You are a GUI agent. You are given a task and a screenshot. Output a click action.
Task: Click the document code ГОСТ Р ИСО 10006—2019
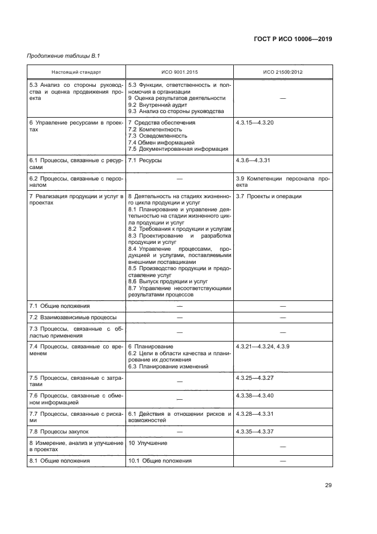pyautogui.click(x=293, y=39)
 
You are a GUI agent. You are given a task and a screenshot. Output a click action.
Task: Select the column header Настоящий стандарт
pyautogui.click(x=76, y=73)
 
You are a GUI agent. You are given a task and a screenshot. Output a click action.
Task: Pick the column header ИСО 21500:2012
pyautogui.click(x=282, y=73)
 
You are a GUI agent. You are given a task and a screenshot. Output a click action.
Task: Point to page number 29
pyautogui.click(x=328, y=485)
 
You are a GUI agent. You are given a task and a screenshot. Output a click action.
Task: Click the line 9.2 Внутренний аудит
pyautogui.click(x=157, y=105)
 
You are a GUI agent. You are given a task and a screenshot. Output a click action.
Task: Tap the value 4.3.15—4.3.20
pyautogui.click(x=254, y=123)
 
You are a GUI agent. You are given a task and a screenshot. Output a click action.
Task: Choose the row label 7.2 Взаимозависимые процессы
pyautogui.click(x=73, y=317)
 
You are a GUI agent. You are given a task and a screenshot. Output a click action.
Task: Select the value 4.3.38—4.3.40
pyautogui.click(x=254, y=395)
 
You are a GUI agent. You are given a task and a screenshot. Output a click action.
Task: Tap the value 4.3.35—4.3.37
pyautogui.click(x=254, y=431)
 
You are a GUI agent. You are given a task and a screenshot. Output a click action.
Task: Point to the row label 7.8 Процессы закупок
pyautogui.click(x=59, y=431)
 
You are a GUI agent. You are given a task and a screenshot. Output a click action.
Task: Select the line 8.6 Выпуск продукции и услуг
pyautogui.click(x=168, y=282)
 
